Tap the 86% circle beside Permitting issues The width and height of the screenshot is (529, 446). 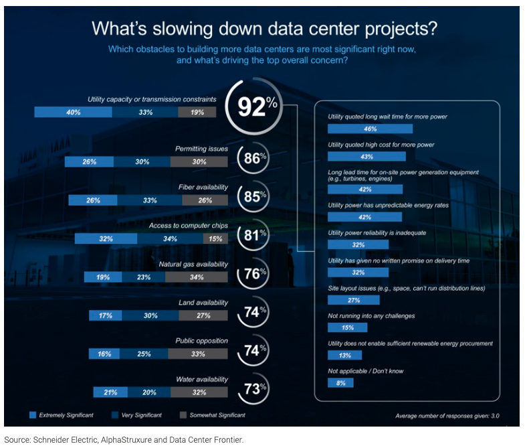(252, 159)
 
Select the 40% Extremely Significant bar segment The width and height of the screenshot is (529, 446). (73, 113)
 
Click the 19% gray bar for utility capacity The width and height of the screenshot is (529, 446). (197, 113)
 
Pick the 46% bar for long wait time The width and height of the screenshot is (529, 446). (370, 128)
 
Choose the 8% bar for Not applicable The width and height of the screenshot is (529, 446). (340, 383)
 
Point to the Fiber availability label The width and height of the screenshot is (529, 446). (203, 188)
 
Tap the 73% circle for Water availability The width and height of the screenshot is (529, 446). (252, 388)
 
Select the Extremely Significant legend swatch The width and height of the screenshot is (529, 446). (33, 415)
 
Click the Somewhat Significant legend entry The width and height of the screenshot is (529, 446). (211, 415)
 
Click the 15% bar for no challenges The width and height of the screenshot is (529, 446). (348, 327)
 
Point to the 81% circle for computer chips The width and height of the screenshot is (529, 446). (252, 234)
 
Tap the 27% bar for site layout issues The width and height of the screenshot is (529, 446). (358, 300)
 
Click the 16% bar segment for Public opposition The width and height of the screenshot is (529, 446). (104, 354)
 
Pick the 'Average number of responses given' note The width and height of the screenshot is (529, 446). (447, 416)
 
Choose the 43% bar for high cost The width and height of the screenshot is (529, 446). (366, 156)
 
